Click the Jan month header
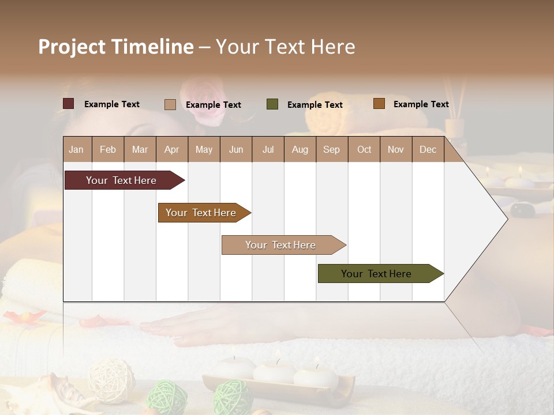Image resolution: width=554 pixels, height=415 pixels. point(76,149)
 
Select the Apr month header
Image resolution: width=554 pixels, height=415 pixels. point(171,149)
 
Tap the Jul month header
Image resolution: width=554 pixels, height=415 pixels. point(268,149)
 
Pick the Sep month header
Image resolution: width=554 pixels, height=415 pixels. point(331,149)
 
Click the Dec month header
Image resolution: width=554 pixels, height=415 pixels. point(428,149)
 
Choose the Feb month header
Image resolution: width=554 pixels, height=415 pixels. point(108,149)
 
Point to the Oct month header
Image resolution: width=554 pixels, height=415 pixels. point(364,149)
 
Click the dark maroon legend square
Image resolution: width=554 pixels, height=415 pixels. point(69,104)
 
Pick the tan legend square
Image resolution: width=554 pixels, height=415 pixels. point(170,104)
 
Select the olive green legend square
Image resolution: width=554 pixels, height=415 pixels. point(272,104)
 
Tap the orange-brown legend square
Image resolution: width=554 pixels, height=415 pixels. point(379,104)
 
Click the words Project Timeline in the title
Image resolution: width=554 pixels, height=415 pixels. point(115,47)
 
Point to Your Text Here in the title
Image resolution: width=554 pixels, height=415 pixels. point(285,47)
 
